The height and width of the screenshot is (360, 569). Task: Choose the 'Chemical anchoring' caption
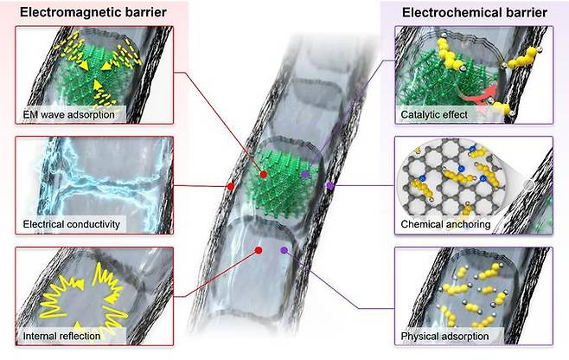441,223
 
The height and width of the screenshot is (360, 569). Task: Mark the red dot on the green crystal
261,173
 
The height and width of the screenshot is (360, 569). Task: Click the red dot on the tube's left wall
229,186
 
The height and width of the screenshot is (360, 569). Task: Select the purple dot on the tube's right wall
329,185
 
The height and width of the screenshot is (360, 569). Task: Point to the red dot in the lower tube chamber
259,251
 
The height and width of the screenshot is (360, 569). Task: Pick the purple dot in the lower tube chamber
286,251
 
